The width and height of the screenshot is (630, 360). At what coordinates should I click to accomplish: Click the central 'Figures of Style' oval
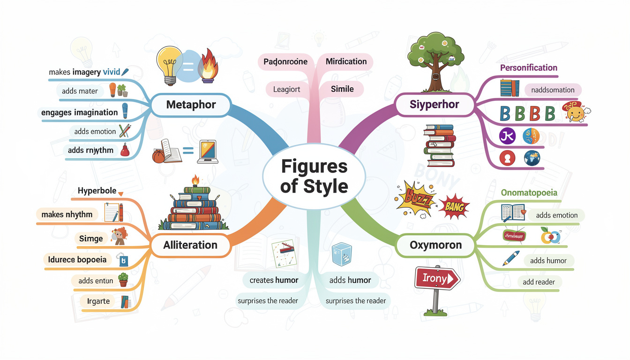[315, 176]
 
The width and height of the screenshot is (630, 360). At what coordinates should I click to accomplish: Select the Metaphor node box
[191, 105]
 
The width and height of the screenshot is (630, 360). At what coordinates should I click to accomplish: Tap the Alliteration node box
[190, 245]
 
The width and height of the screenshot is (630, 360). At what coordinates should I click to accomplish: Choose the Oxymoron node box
[435, 245]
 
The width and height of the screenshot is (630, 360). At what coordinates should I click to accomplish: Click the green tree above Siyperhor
[432, 56]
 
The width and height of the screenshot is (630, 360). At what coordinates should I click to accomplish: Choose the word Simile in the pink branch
[342, 89]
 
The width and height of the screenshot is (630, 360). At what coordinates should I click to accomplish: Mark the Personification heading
[528, 67]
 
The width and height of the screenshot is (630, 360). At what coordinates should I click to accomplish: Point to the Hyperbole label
[97, 191]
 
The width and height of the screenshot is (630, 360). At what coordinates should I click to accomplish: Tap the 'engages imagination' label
[79, 112]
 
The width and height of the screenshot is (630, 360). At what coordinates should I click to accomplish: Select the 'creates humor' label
[274, 280]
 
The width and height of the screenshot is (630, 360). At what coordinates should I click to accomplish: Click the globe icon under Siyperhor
[532, 158]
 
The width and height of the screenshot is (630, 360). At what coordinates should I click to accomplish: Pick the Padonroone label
[285, 61]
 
